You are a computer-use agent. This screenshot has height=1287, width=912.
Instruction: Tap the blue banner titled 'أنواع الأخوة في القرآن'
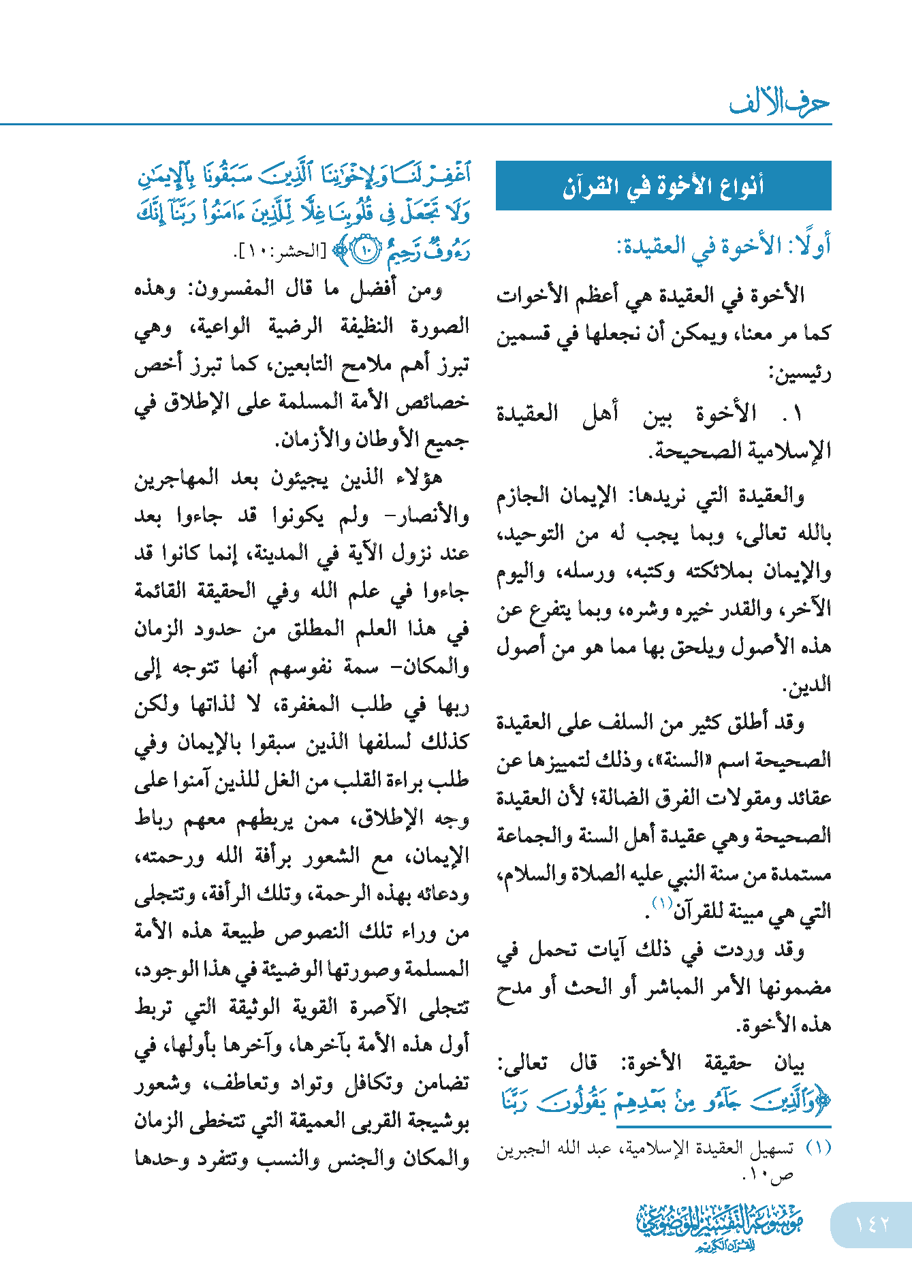(663, 186)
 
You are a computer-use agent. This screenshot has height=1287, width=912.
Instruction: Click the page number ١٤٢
(872, 1224)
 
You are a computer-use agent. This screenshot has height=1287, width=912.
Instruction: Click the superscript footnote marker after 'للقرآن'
(662, 904)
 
